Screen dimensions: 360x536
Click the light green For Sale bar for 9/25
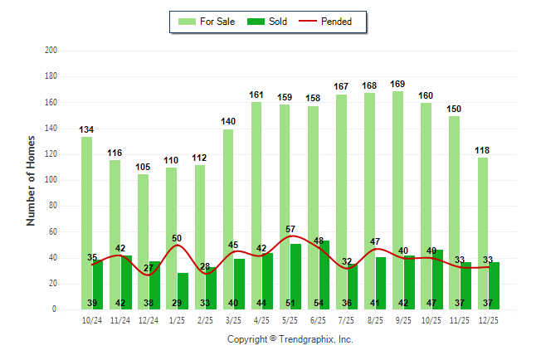(x=398, y=199)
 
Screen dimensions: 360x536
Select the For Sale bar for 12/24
(x=144, y=241)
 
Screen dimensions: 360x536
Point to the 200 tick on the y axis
(x=51, y=51)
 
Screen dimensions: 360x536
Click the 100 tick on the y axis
(x=51, y=180)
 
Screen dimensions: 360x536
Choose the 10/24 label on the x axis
(x=92, y=319)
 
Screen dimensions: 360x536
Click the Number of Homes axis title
(x=32, y=180)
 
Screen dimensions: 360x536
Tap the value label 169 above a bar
(x=398, y=84)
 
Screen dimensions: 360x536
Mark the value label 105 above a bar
(x=144, y=167)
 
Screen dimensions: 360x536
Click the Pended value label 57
(x=290, y=229)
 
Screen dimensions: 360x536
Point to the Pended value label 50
(x=177, y=238)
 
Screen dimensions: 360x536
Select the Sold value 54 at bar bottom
(x=319, y=303)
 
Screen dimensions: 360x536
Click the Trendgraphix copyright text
(x=290, y=339)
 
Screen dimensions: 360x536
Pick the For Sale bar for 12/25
(x=483, y=232)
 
